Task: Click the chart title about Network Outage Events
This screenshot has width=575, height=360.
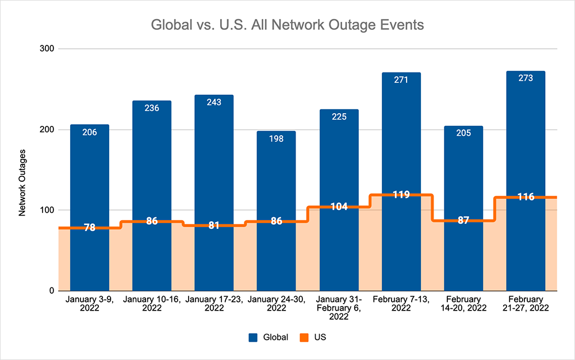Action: click(x=287, y=25)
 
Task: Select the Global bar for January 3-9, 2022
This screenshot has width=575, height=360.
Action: click(x=90, y=173)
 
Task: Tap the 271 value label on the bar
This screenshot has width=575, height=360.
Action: click(x=401, y=80)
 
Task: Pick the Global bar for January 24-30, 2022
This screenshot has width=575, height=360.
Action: click(x=276, y=173)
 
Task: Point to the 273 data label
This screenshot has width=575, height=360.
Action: click(x=525, y=78)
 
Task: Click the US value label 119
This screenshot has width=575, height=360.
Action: click(x=401, y=194)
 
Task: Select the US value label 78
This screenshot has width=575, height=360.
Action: click(x=90, y=228)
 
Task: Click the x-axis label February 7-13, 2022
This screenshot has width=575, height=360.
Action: click(x=401, y=304)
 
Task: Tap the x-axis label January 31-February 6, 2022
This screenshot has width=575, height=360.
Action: click(x=339, y=308)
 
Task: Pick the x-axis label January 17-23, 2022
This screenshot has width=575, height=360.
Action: click(x=214, y=304)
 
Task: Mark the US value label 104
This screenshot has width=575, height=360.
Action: click(x=339, y=206)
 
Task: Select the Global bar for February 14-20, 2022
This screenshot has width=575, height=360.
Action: click(x=463, y=173)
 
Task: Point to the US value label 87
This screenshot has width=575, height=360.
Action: click(x=463, y=220)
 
